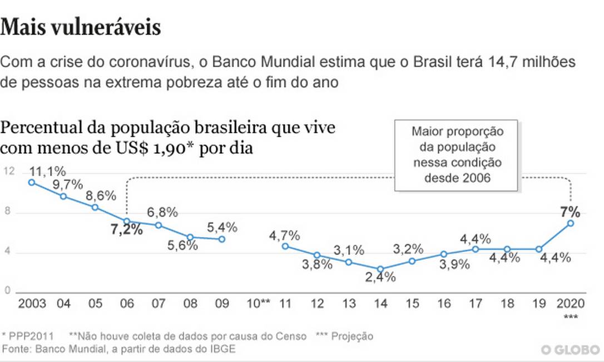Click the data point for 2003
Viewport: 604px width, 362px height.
pyautogui.click(x=32, y=182)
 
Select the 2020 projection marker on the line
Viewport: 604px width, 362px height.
pyautogui.click(x=571, y=223)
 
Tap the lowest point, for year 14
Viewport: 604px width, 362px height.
pyautogui.click(x=380, y=269)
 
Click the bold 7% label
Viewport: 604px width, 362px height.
pyautogui.click(x=571, y=212)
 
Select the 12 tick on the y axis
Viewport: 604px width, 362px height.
pyautogui.click(x=7, y=172)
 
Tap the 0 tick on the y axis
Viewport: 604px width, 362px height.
pyautogui.click(x=7, y=290)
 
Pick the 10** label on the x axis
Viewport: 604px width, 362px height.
pyautogui.click(x=258, y=304)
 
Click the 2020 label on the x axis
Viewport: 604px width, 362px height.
pyautogui.click(x=571, y=304)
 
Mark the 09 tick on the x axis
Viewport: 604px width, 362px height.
pyautogui.click(x=222, y=304)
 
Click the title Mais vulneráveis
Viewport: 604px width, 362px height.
pyautogui.click(x=81, y=28)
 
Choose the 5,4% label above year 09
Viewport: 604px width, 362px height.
pyautogui.click(x=222, y=227)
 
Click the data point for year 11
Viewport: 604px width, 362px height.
pyautogui.click(x=285, y=246)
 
